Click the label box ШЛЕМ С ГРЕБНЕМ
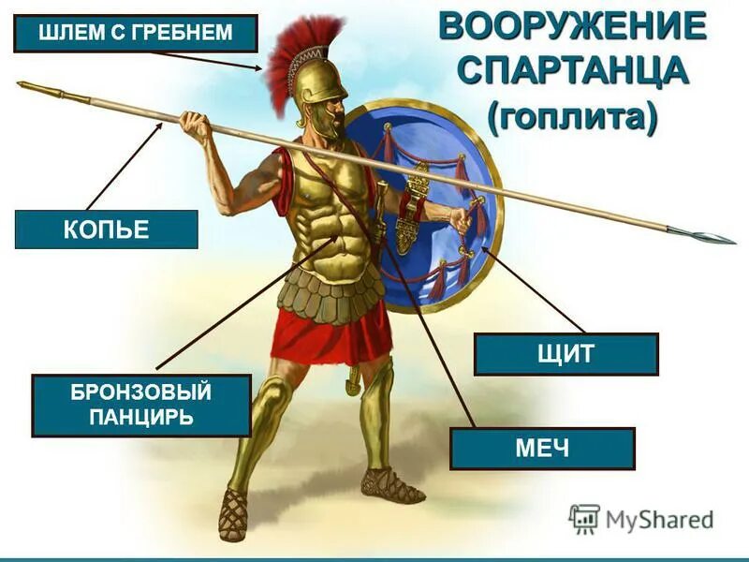pos(136,35)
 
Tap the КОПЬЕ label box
pos(107,229)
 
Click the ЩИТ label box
pos(565,354)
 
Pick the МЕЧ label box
pos(542,448)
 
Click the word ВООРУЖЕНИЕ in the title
pos(571,26)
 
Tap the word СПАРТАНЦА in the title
pos(570,72)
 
